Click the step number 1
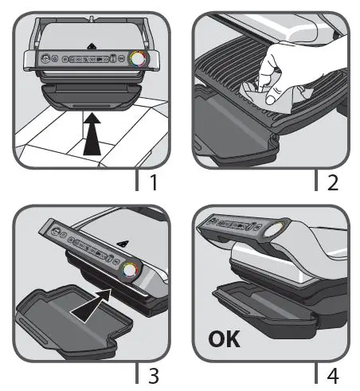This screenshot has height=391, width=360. pyautogui.click(x=153, y=182)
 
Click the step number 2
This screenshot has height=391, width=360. pyautogui.click(x=333, y=182)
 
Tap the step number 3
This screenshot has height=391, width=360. pyautogui.click(x=154, y=375)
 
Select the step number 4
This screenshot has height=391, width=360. pyautogui.click(x=333, y=375)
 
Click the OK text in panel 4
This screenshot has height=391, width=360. pyautogui.click(x=225, y=338)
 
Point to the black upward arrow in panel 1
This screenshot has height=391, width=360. pyautogui.click(x=92, y=134)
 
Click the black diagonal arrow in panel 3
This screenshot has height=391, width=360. pyautogui.click(x=92, y=305)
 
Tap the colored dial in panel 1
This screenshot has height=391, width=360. pyautogui.click(x=137, y=59)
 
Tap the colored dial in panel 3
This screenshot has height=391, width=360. pyautogui.click(x=129, y=270)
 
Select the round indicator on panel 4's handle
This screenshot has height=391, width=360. pyautogui.click(x=274, y=229)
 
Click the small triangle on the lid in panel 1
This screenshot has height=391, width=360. pyautogui.click(x=92, y=46)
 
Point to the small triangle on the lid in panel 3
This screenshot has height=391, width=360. pyautogui.click(x=123, y=243)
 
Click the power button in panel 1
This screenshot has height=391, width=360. pyautogui.click(x=46, y=58)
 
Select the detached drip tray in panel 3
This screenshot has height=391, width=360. pyautogui.click(x=70, y=322)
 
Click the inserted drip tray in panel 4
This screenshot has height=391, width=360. pyautogui.click(x=265, y=308)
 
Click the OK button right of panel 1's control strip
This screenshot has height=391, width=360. pyautogui.click(x=122, y=58)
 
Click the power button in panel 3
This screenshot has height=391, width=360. pyautogui.click(x=55, y=231)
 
